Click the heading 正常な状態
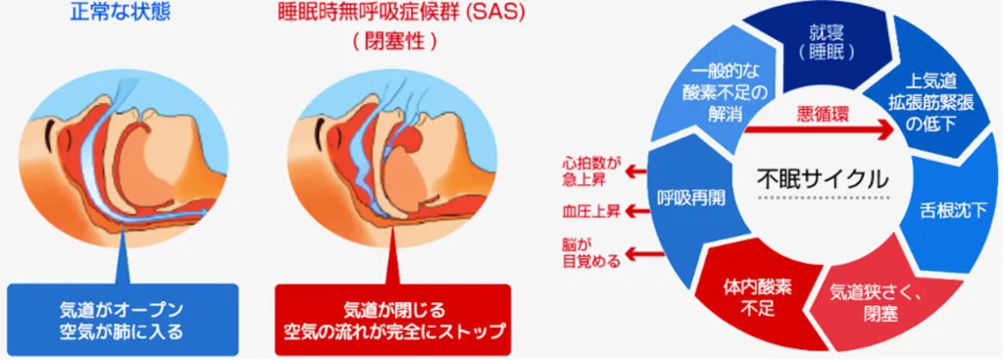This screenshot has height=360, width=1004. (x=122, y=13)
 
